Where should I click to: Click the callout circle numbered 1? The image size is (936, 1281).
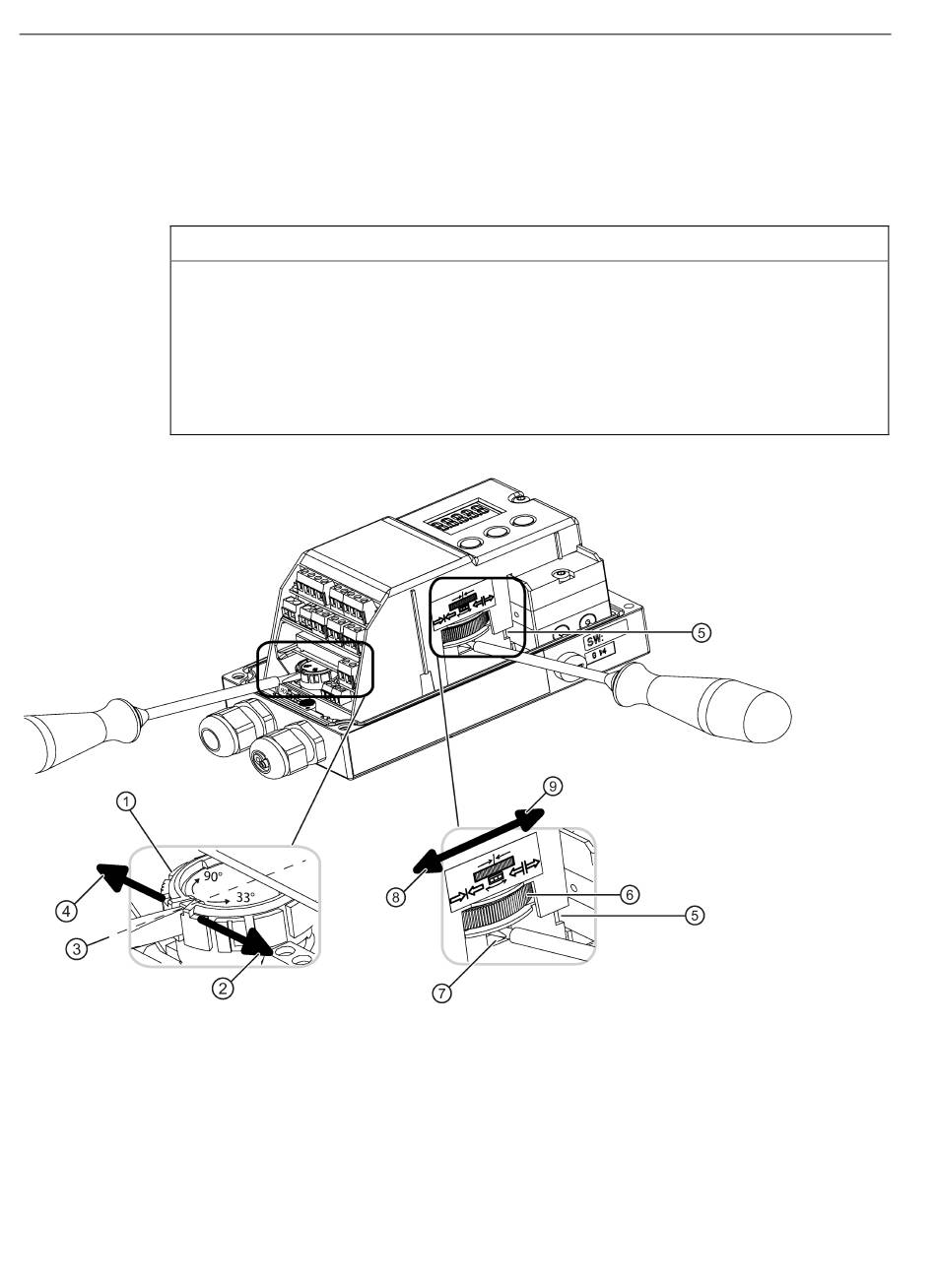coord(126,801)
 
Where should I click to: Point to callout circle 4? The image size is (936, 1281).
coord(66,910)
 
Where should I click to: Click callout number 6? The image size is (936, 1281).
coord(630,894)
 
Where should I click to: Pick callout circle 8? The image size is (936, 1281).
coord(396,897)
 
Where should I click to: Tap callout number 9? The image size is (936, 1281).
coord(552,787)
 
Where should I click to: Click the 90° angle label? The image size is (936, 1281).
coord(213,876)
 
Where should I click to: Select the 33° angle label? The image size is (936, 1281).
coord(245,897)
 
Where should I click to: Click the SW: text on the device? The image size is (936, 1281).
coord(595,641)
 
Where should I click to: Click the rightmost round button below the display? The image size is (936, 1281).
coord(523,522)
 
